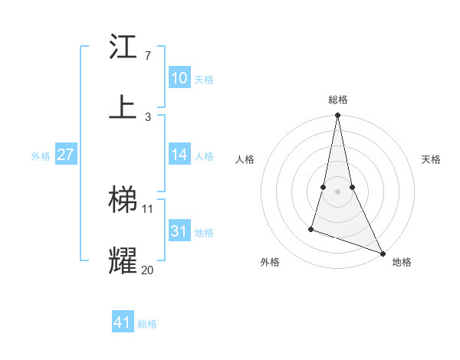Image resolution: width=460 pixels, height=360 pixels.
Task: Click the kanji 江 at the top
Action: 123,47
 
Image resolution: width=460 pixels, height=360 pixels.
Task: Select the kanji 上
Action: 123,106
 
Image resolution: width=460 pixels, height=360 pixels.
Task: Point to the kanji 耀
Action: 123,260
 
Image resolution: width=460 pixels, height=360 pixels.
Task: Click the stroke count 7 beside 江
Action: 147,56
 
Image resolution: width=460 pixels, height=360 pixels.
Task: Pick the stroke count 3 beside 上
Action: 147,116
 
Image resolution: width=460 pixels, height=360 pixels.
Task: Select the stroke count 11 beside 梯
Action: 148,208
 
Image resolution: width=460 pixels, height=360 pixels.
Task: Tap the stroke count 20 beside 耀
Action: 148,269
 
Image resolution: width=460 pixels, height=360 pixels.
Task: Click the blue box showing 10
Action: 179,78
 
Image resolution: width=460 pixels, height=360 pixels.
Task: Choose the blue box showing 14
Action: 179,155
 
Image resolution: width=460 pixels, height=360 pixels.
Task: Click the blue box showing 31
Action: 179,231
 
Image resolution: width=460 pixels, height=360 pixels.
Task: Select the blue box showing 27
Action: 66,155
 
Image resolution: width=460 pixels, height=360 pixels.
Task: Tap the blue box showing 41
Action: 123,322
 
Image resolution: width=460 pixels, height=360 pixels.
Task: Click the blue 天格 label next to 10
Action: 203,80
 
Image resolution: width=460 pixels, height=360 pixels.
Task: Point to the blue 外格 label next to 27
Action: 41,156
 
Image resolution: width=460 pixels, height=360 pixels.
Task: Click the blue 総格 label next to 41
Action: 147,324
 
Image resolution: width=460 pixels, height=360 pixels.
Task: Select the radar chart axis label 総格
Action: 337,100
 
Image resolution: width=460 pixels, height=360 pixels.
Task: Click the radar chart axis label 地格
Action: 402,263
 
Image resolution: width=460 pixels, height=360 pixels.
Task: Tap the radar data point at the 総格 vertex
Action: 337,116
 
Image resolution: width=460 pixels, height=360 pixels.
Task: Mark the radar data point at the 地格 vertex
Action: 382,253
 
